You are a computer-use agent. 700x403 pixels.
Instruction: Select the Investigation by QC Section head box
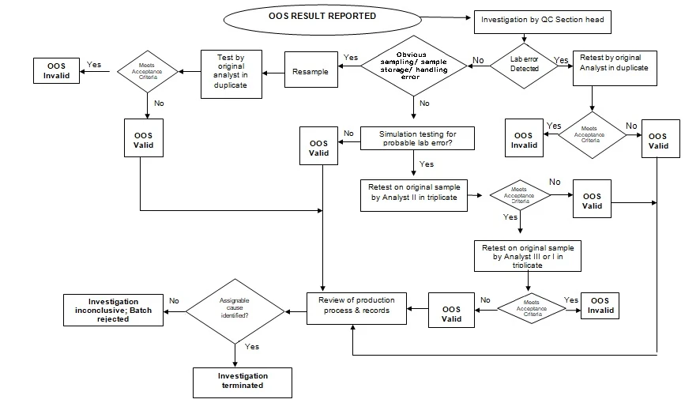point(542,20)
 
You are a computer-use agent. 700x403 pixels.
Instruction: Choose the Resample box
point(310,72)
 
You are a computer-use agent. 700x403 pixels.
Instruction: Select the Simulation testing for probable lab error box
point(418,138)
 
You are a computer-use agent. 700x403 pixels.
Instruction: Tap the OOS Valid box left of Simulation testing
point(319,149)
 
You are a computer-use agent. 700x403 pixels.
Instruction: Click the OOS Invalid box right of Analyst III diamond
point(600,306)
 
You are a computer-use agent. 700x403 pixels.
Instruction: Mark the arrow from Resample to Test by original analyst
point(273,73)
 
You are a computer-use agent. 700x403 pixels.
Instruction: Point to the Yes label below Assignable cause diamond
point(252,347)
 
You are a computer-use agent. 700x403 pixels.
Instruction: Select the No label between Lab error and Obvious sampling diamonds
point(478,60)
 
